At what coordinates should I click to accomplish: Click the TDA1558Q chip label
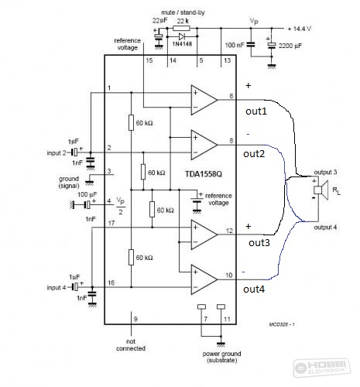pos(204,174)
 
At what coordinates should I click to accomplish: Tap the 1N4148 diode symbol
pos(182,36)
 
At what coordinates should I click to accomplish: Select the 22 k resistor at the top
pos(181,28)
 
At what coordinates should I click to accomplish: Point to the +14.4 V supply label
pos(300,29)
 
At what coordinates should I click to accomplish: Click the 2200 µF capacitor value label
pos(290,46)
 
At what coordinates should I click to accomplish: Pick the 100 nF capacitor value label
pos(235,45)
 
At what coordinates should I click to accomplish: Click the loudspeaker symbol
pos(321,190)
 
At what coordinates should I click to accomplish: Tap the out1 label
pos(256,111)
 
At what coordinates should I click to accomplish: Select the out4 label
pos(254,289)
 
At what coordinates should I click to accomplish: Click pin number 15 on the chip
pos(149,60)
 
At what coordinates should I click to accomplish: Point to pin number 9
pos(135,319)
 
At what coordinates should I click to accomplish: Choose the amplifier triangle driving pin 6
pos(204,100)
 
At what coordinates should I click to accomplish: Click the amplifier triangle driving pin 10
pos(204,279)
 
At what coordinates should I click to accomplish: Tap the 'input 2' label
pos(57,152)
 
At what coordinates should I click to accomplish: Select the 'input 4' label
pos(57,287)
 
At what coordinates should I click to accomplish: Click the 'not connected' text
pos(131,345)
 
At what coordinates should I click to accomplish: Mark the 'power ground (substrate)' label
pos(221,357)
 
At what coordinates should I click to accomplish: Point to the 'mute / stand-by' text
pos(183,12)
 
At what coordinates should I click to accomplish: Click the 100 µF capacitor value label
pos(87,194)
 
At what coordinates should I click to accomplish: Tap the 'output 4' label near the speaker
pos(325,228)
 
